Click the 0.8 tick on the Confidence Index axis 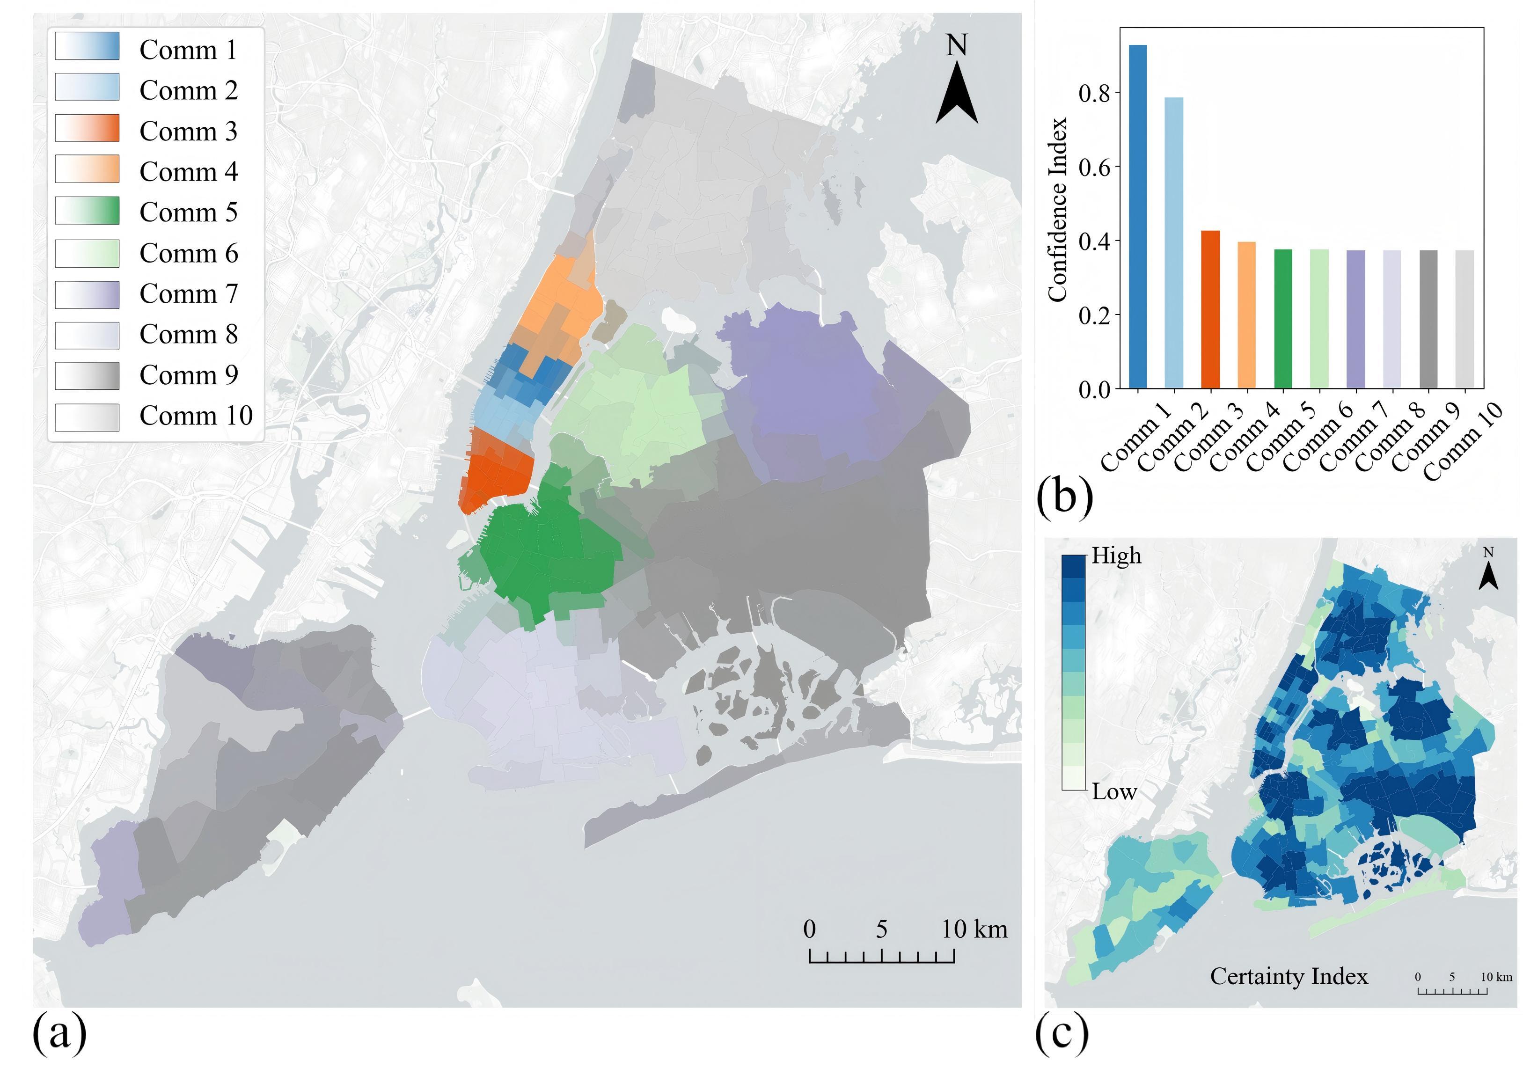[1095, 93]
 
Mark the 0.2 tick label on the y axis [1095, 315]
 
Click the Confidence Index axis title [1057, 209]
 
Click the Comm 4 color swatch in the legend [87, 169]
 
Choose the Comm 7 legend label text [189, 293]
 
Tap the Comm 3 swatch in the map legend [87, 128]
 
